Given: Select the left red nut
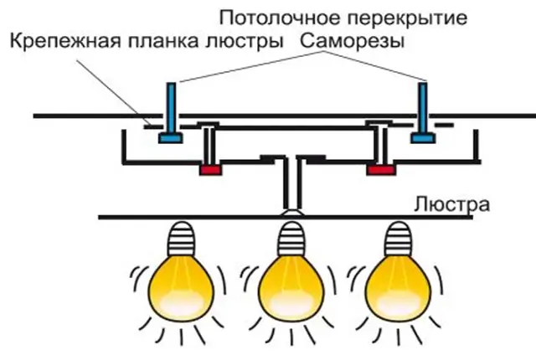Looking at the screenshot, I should (209, 170).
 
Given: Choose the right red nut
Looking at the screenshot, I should (381, 170).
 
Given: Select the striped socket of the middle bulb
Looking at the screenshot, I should (291, 236).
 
